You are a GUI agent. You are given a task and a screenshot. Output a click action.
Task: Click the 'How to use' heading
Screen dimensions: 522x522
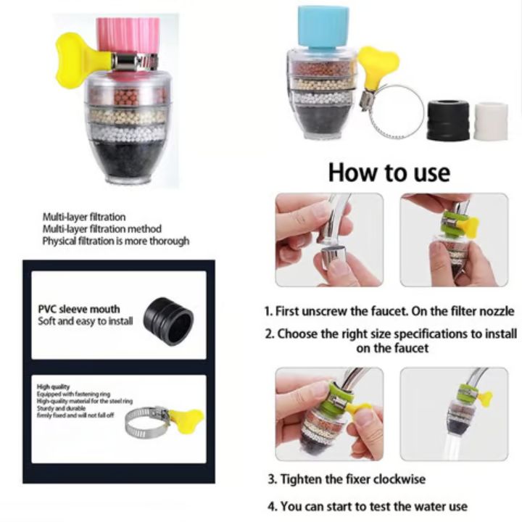389,173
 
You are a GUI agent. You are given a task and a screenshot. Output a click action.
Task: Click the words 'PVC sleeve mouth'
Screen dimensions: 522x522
79,309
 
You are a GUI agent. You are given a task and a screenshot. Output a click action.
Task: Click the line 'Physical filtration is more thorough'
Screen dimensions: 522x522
115,241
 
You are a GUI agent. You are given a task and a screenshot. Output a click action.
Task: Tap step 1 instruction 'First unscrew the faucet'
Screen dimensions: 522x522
389,311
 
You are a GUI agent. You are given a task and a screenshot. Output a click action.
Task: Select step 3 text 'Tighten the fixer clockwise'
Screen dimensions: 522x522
347,479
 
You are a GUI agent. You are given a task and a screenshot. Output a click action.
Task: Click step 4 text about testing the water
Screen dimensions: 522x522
368,506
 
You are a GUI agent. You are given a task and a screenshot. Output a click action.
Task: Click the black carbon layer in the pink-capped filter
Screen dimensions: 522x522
130,159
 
